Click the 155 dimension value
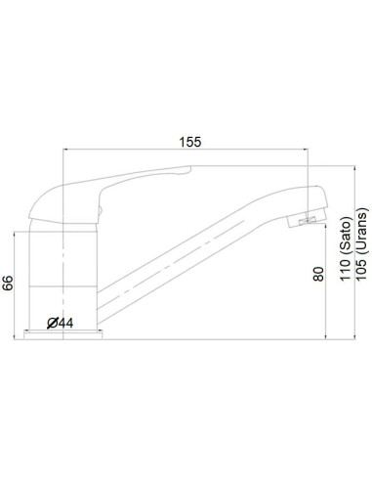click(189, 142)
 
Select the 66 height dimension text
click(9, 284)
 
